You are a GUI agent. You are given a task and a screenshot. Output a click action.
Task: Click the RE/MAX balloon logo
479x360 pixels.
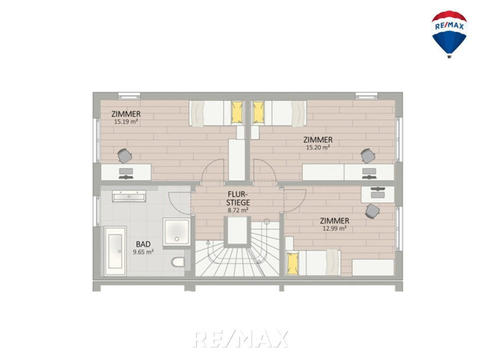tap(449, 34)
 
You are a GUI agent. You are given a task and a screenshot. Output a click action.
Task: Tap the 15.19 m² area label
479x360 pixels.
tap(126, 122)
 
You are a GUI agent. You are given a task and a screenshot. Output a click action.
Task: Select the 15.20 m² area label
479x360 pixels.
tap(318, 147)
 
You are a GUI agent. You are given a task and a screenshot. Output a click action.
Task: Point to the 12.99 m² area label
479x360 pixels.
tap(335, 228)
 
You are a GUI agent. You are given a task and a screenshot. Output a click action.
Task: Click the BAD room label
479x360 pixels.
tap(143, 244)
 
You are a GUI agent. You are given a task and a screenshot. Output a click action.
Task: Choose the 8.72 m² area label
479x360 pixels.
tap(238, 210)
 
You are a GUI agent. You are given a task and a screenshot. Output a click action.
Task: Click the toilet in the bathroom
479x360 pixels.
tap(178, 262)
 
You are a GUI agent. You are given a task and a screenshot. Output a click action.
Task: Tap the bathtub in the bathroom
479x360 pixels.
tap(115, 251)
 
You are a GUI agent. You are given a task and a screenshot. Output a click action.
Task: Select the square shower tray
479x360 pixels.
tap(177, 232)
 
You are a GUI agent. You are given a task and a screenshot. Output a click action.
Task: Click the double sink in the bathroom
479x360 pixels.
tap(129, 196)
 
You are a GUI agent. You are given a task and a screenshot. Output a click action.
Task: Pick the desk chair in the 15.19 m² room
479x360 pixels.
tap(125, 156)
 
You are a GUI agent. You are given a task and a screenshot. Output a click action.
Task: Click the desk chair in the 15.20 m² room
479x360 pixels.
tap(367, 156)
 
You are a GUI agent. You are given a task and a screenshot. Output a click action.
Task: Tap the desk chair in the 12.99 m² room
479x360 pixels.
tap(372, 211)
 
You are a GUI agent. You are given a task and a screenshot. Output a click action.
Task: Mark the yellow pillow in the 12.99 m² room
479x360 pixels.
tap(293, 263)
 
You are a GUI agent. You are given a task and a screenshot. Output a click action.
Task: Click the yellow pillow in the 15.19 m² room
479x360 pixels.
tap(237, 112)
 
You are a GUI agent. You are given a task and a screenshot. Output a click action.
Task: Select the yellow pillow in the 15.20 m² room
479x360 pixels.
tap(258, 112)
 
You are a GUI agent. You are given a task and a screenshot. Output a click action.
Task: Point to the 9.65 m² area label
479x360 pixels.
tap(143, 252)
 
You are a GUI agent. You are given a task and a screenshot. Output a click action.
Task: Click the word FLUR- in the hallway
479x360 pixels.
tap(238, 194)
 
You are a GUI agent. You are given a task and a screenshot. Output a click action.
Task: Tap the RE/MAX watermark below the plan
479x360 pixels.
tap(240, 339)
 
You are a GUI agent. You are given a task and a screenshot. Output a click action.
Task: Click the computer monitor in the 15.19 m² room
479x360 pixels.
tap(126, 171)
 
